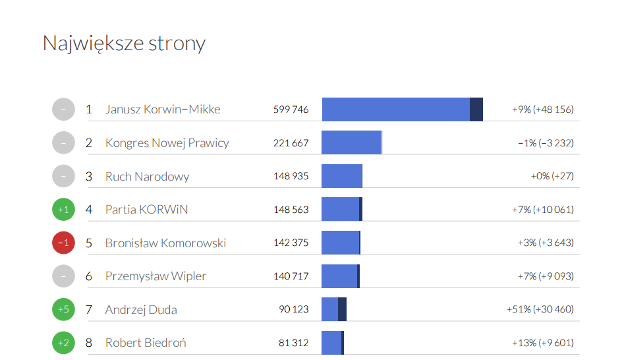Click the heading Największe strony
pyautogui.click(x=124, y=44)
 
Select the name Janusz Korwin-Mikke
pyautogui.click(x=163, y=109)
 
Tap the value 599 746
pyautogui.click(x=291, y=109)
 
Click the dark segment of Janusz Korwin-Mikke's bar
pyautogui.click(x=476, y=109)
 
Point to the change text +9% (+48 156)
pyautogui.click(x=542, y=109)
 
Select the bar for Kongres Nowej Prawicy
pyautogui.click(x=352, y=142)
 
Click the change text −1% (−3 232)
pyautogui.click(x=545, y=143)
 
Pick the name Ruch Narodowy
pyautogui.click(x=147, y=177)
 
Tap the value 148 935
pyautogui.click(x=291, y=177)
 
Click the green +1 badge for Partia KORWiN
pyautogui.click(x=64, y=210)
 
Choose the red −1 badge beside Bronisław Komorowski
pyautogui.click(x=64, y=243)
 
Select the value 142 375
pyautogui.click(x=291, y=243)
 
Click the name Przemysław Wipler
pyautogui.click(x=155, y=276)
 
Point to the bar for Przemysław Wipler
pyautogui.click(x=340, y=276)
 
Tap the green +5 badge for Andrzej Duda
pyautogui.click(x=64, y=309)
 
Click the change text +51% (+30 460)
pyautogui.click(x=540, y=309)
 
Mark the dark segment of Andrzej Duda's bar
pyautogui.click(x=342, y=309)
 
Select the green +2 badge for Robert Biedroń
pyautogui.click(x=64, y=343)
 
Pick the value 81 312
pyautogui.click(x=293, y=343)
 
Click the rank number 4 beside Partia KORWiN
pyautogui.click(x=89, y=210)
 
